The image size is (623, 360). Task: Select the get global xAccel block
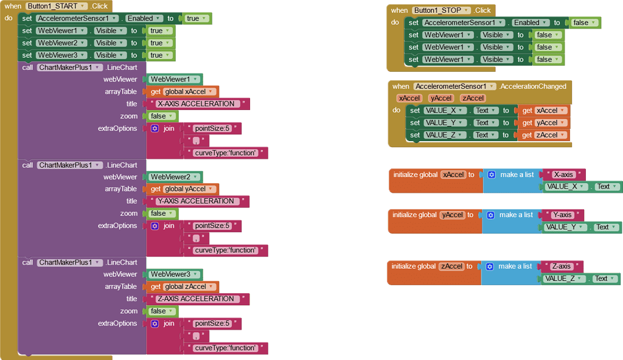(x=183, y=92)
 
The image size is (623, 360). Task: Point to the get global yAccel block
(x=183, y=189)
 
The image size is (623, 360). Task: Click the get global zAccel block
(x=183, y=286)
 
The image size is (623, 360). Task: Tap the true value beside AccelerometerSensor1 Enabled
(x=196, y=18)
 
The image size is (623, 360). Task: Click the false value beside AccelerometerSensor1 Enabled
(x=584, y=22)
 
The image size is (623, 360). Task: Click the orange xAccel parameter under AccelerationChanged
(x=409, y=99)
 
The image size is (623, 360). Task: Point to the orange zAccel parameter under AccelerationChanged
(x=473, y=99)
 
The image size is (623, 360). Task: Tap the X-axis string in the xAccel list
(x=563, y=175)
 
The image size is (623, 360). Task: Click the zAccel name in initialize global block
(x=452, y=266)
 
